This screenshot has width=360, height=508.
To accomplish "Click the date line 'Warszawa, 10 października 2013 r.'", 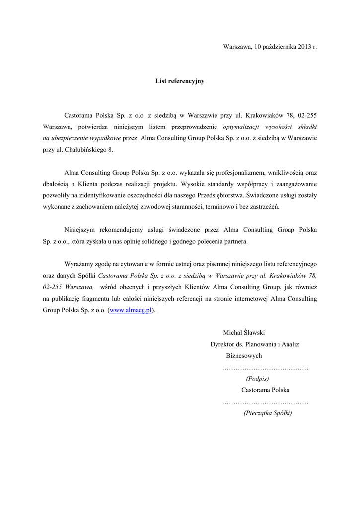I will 270,47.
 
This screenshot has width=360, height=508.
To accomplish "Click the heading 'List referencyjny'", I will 180,81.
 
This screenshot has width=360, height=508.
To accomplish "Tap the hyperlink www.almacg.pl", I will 130,310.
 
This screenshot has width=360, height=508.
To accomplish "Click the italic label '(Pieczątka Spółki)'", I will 268,413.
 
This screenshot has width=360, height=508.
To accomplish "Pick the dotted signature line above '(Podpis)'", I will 265,368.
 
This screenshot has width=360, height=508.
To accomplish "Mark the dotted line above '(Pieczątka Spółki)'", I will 265,402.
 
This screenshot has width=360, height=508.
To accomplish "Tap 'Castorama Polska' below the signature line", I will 265,390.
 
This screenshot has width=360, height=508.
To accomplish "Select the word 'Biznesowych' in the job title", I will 244,356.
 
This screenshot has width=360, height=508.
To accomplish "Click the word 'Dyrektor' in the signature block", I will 223,344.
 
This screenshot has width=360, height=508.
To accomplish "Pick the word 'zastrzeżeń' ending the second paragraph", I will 265,207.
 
